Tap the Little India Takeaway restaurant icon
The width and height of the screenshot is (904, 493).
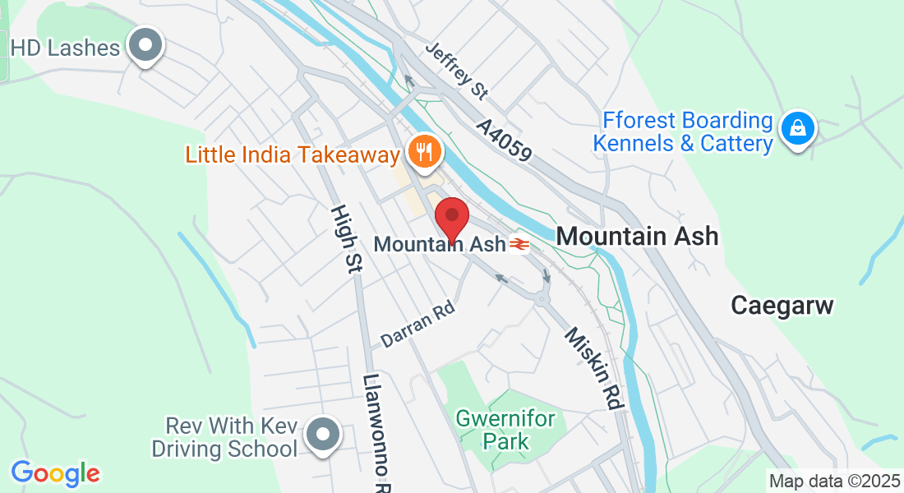click(x=424, y=152)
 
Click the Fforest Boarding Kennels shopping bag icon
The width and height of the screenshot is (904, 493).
click(x=796, y=128)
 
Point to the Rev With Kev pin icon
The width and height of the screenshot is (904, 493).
click(x=322, y=435)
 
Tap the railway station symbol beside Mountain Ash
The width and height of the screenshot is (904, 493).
click(x=519, y=244)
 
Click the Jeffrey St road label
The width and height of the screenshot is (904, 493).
click(x=457, y=71)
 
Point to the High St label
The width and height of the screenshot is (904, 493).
click(x=345, y=239)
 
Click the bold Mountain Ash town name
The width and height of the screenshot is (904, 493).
click(x=637, y=237)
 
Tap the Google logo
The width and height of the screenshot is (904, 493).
click(x=55, y=473)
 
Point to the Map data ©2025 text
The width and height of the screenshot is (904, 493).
click(x=833, y=481)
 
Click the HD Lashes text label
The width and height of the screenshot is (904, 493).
click(x=66, y=48)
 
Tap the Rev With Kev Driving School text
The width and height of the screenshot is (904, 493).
click(x=231, y=438)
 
